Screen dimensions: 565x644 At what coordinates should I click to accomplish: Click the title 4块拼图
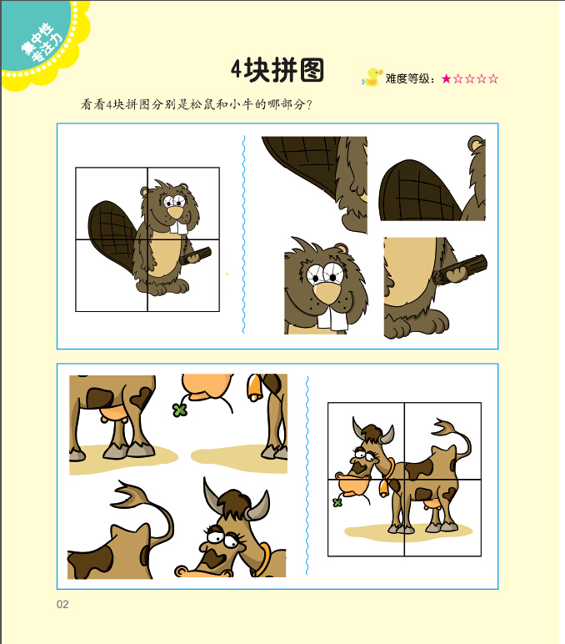[x=277, y=70]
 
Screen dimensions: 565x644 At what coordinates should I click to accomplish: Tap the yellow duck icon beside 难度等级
[x=372, y=78]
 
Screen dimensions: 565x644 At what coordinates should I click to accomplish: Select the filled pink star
[x=447, y=78]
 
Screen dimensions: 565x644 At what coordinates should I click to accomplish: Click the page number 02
[x=62, y=604]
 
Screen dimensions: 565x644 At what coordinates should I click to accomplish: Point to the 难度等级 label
[x=408, y=78]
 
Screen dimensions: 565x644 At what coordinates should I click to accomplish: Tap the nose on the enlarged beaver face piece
[x=327, y=293]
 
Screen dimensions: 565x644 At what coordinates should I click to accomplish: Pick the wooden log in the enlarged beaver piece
[x=460, y=269]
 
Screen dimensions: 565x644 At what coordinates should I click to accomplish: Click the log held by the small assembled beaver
[x=195, y=256]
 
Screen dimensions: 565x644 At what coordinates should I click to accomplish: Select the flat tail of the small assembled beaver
[x=111, y=234]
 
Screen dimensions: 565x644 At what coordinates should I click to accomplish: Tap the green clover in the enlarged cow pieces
[x=179, y=410]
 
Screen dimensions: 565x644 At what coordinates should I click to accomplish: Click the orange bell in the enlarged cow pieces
[x=254, y=387]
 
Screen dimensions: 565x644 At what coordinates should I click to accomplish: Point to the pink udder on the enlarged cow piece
[x=112, y=412]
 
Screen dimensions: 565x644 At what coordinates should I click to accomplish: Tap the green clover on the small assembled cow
[x=337, y=502]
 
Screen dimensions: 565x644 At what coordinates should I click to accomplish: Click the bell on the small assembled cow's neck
[x=383, y=488]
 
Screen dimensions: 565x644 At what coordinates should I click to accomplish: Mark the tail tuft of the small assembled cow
[x=444, y=427]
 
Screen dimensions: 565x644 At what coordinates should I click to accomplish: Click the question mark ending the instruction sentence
[x=309, y=104]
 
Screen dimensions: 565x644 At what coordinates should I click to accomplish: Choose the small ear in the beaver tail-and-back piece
[x=476, y=143]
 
